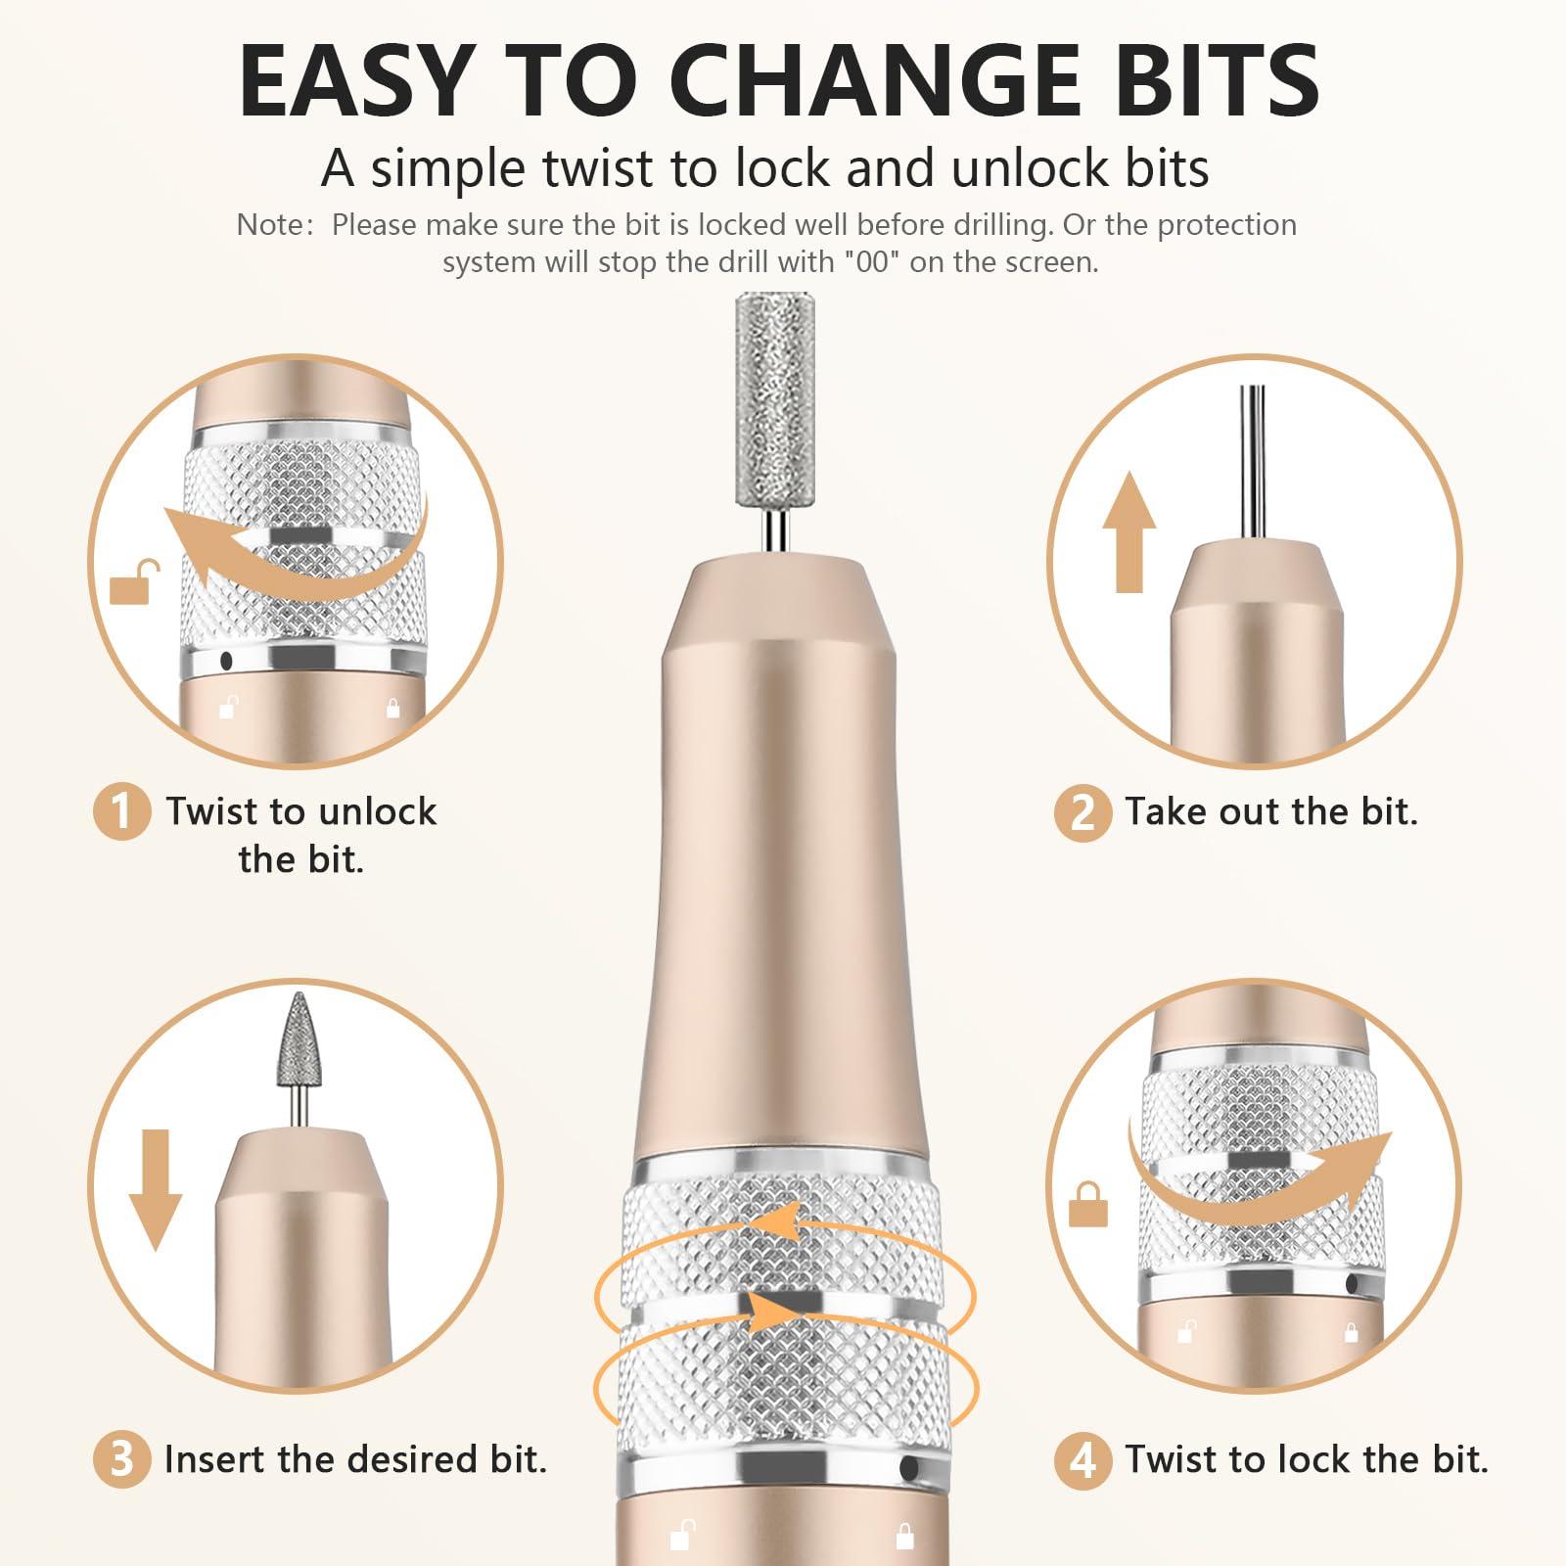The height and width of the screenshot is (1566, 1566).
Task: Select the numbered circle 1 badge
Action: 121,811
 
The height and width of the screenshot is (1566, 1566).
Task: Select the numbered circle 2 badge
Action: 1082,812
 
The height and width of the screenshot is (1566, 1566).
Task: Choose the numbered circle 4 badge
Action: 1082,1459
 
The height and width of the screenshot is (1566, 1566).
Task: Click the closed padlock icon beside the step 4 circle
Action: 1087,1204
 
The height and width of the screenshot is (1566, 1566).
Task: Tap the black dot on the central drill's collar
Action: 909,1468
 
